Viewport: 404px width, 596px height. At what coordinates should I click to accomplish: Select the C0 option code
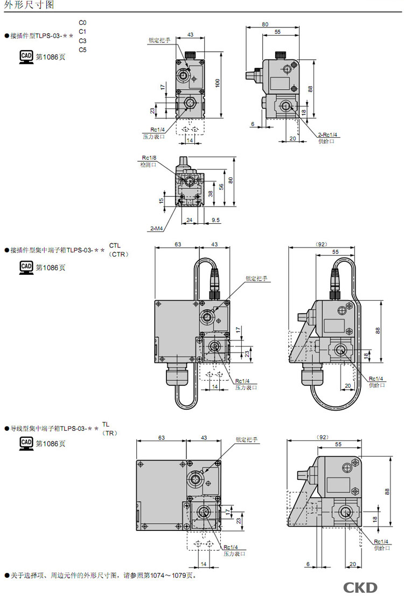pos(82,22)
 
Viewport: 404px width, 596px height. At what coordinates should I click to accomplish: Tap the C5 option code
pos(82,50)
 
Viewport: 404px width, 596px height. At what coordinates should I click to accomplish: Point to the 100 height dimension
pos(218,83)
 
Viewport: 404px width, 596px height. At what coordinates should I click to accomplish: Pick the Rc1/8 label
pos(149,158)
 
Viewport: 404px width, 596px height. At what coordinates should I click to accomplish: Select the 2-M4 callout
pos(156,229)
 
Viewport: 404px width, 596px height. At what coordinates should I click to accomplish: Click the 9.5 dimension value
pos(215,220)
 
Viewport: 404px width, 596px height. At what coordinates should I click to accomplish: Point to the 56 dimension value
pos(220,186)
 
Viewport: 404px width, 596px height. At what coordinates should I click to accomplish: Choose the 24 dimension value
pos(189,220)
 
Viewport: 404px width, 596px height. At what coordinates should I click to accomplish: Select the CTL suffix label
pos(115,245)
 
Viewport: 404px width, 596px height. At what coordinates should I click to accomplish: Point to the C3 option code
pos(82,41)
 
